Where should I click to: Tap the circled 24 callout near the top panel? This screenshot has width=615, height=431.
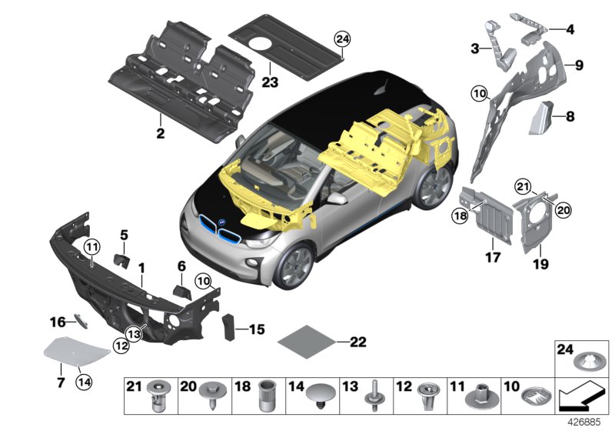342,38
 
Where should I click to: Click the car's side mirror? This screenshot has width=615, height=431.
336,199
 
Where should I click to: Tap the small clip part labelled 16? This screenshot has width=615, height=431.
81,322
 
